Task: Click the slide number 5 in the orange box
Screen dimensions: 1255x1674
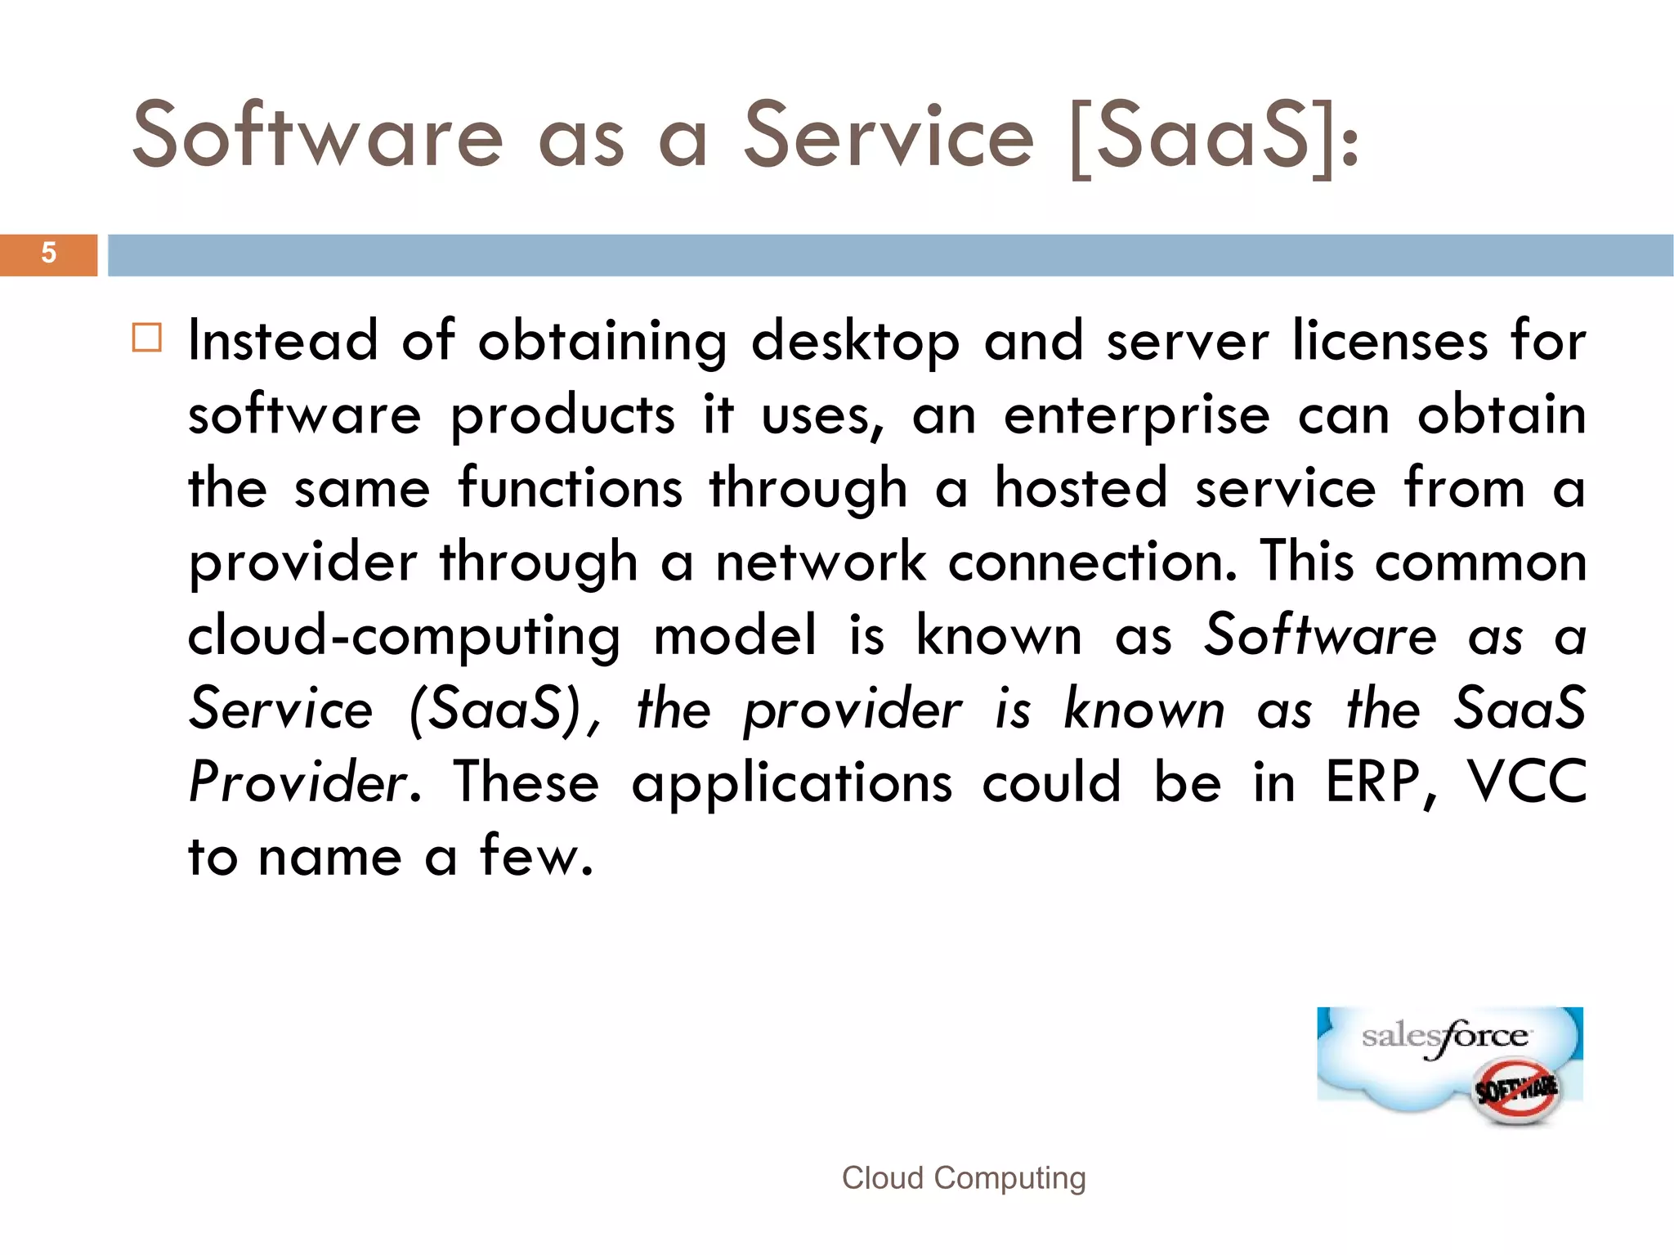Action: pyautogui.click(x=49, y=253)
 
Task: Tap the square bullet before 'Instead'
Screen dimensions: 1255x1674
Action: pyautogui.click(x=147, y=338)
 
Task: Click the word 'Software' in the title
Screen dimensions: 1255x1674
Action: pyautogui.click(x=317, y=136)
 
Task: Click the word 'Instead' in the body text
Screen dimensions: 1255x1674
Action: pyautogui.click(x=283, y=341)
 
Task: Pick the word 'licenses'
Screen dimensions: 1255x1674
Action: pyautogui.click(x=1389, y=341)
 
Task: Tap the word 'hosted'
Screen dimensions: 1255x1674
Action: pyautogui.click(x=1081, y=488)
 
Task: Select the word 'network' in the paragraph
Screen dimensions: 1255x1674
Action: pyautogui.click(x=821, y=562)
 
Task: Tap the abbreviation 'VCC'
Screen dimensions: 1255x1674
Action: pyautogui.click(x=1525, y=782)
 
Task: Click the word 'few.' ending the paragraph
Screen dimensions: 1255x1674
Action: pyautogui.click(x=536, y=856)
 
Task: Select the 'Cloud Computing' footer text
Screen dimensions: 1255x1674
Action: pyautogui.click(x=964, y=1178)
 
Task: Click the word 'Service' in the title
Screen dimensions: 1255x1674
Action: pyautogui.click(x=888, y=136)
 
